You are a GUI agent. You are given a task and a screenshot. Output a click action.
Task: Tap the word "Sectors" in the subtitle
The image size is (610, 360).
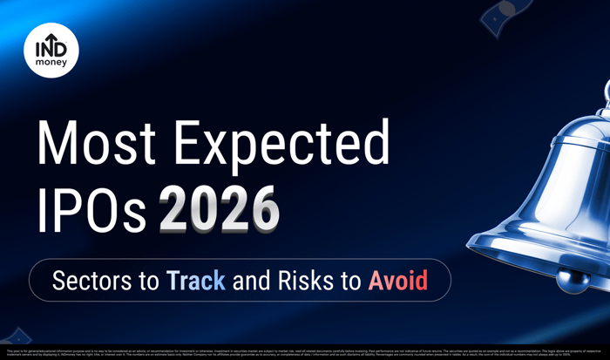coord(104,281)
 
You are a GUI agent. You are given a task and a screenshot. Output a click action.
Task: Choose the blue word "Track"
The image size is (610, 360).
coord(195,281)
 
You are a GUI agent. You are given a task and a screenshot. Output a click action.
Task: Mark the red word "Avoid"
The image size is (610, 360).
coord(397,281)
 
